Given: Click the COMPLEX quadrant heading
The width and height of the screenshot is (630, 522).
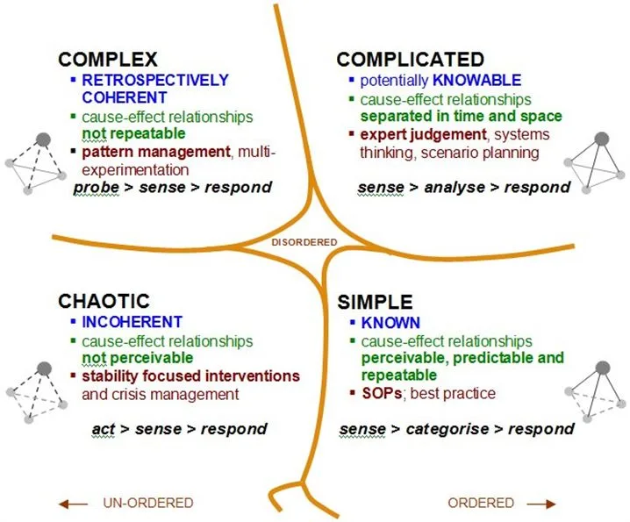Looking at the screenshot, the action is coord(108,60).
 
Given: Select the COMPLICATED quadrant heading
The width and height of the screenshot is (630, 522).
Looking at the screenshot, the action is coord(411,60).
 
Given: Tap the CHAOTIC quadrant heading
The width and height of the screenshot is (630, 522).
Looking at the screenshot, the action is coord(104,301).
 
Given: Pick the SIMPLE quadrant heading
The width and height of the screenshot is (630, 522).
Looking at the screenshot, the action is coord(375,302).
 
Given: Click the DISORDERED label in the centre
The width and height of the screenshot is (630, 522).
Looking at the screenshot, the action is coord(304,242).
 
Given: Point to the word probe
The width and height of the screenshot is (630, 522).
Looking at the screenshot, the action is coord(97,187).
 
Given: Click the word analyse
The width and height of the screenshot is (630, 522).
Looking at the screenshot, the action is coord(455,187).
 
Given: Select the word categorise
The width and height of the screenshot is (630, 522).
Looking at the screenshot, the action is coord(447,429).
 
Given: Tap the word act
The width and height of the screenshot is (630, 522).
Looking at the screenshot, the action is coord(104,429).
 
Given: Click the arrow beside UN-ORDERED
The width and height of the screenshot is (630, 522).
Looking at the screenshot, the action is coord(73,504).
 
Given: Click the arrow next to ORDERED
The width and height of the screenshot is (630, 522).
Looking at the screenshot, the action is coord(541,504).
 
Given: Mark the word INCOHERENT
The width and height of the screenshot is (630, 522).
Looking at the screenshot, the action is coord(132,322).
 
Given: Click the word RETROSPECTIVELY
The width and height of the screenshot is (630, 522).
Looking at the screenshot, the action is coord(155,81).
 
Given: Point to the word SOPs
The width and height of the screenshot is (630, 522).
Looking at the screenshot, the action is coord(382,393).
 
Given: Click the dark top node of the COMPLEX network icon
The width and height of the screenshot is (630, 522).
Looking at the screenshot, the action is coord(43,139).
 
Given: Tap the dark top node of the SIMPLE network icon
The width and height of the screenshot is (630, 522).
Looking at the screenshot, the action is coord(603,368).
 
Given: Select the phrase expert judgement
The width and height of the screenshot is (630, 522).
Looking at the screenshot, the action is coord(424,134).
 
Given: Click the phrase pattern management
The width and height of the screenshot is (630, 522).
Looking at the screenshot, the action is coord(156,153).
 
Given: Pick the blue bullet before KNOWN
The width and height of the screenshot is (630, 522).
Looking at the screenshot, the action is coord(353,322).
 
